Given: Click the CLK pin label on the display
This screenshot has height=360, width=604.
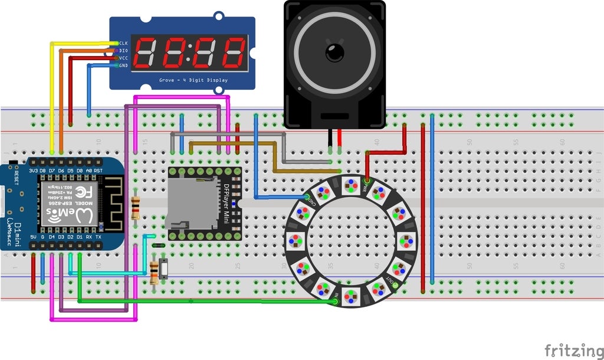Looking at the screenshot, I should click(123, 43).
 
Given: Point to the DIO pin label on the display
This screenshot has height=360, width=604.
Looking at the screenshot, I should click(123, 51).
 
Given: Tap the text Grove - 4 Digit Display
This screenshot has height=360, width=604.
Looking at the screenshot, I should click(193, 80).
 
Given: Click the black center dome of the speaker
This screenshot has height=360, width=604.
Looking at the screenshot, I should click(334, 52).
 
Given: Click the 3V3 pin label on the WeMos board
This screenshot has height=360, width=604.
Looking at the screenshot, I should click(34, 171).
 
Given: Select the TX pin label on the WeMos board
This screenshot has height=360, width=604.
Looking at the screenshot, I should click(98, 238).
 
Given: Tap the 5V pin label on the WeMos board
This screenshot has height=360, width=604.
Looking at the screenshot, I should click(34, 238).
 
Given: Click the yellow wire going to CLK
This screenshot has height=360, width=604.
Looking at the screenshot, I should click(51, 94).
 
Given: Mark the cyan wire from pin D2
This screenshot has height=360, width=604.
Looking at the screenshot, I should click(106, 273).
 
